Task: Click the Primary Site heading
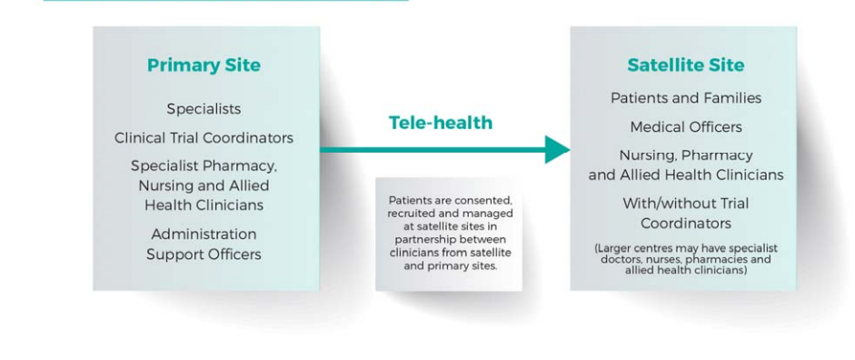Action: click(204, 65)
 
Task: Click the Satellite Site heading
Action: click(685, 65)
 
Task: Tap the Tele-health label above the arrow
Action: click(441, 123)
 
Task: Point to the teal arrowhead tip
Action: click(570, 149)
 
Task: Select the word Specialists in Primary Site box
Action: click(204, 109)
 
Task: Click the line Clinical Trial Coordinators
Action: click(204, 138)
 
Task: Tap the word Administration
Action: click(204, 234)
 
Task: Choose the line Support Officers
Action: click(204, 255)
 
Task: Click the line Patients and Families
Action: click(686, 98)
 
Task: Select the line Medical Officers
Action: click(686, 127)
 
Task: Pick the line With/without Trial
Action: click(686, 204)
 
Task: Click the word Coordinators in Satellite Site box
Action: click(686, 224)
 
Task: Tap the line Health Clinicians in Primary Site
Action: click(204, 205)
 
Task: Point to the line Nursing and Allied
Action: click(204, 186)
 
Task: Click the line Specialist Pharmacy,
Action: click(204, 165)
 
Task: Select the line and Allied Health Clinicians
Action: click(686, 175)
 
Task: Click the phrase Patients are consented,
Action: click(450, 200)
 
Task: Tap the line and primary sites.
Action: click(450, 266)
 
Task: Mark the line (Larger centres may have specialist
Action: click(686, 249)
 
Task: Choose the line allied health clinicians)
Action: click(686, 270)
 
